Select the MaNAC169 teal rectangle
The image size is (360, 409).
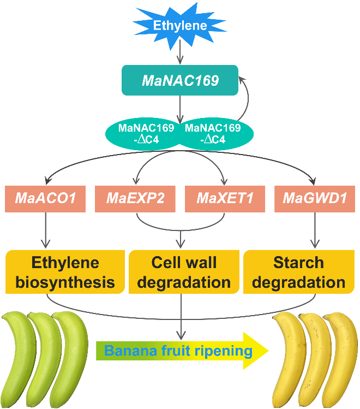click(x=180, y=81)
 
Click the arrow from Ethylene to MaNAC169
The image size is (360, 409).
click(x=180, y=52)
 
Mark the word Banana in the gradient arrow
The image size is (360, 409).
click(x=127, y=350)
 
